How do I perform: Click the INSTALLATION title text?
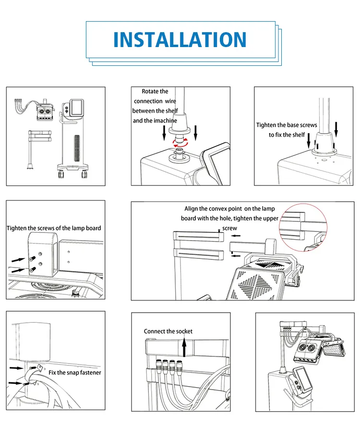tap(180, 40)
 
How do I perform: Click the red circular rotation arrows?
tap(180, 142)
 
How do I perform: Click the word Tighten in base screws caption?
tap(266, 125)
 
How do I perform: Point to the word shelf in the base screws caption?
tap(299, 135)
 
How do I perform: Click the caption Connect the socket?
tap(168, 331)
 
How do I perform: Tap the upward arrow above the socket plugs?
tap(184, 347)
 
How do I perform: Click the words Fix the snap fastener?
tap(74, 373)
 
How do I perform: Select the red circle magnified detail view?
tap(303, 227)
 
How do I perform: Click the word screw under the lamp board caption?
tap(229, 228)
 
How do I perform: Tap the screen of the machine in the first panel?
tap(76, 108)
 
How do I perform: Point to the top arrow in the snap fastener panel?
tap(16, 368)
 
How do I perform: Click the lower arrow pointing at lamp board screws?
tap(18, 270)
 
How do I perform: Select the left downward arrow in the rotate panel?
tap(164, 133)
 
